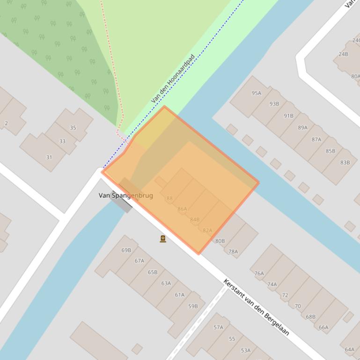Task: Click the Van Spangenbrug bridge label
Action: pos(125,195)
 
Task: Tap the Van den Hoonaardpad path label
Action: pos(173,79)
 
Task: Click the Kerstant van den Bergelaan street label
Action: pos(257,307)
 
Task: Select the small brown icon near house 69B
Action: pos(163,239)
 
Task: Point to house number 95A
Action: pos(256,93)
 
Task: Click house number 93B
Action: pos(274,104)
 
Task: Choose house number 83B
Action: pos(345,163)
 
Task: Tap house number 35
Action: pos(73,128)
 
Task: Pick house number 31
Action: pos(49,157)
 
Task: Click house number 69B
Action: pos(126,250)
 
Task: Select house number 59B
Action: pos(193,306)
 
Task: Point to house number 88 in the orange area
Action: pos(169,199)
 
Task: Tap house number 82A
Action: pos(207,230)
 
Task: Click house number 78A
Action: pos(233,252)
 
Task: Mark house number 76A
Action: pos(259,274)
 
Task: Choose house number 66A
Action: pos(323,327)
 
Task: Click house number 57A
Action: pos(218,327)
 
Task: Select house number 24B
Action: pos(344,54)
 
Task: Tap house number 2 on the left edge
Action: pos(6,123)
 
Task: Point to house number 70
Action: pos(298,306)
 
